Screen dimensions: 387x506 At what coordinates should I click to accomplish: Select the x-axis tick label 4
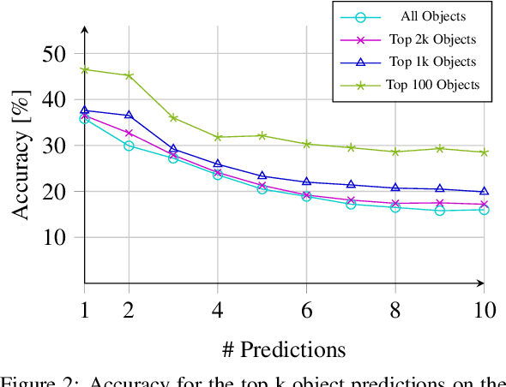tap(217, 309)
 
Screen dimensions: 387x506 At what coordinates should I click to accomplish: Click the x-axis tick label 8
tap(395, 309)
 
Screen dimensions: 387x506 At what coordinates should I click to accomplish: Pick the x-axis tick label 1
tap(84, 309)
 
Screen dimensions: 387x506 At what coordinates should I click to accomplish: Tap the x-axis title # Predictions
tap(284, 349)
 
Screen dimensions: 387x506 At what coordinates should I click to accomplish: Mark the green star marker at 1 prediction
tap(84, 69)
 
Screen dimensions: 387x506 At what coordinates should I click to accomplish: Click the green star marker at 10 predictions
tap(484, 152)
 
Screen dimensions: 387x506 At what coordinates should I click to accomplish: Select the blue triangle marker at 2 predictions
tap(129, 115)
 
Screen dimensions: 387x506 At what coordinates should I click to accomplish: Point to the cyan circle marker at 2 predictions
tap(129, 146)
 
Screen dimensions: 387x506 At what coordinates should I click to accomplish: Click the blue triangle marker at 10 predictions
tap(484, 191)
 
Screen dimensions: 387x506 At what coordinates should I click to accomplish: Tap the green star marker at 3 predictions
tap(173, 117)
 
